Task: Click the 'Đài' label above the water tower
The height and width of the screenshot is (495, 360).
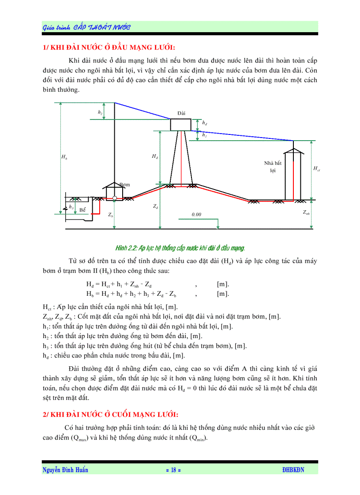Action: tap(181, 113)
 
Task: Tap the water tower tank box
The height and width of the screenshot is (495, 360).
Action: tap(181, 125)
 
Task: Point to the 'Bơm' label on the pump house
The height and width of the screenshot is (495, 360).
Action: tap(124, 185)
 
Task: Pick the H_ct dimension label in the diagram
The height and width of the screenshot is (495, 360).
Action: tap(316, 168)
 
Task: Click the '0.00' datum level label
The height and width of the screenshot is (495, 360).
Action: tap(196, 214)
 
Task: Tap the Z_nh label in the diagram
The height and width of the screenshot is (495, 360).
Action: tap(306, 212)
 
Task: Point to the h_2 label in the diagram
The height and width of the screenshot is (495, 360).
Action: tap(101, 113)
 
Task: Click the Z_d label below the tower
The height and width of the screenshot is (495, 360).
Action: tap(155, 206)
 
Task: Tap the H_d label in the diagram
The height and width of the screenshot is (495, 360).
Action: tap(154, 156)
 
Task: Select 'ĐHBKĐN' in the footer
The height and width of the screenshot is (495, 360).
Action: tap(293, 470)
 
